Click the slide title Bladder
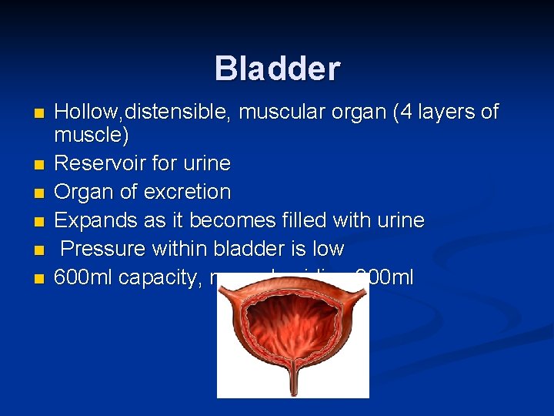coord(277,69)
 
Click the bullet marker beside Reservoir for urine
coord(40,164)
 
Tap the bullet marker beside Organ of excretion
coord(40,193)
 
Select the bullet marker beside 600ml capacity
coord(40,278)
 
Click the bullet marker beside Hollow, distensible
coord(40,113)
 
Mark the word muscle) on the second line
coord(91,136)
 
